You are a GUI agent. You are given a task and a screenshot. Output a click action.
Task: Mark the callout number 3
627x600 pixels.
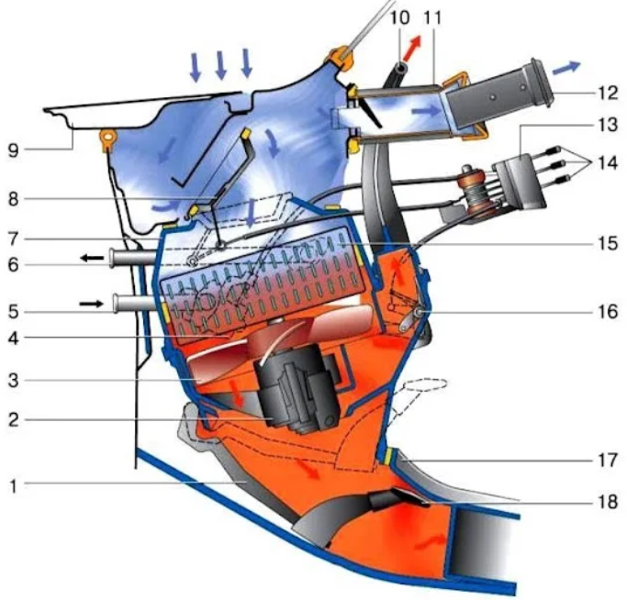(14, 378)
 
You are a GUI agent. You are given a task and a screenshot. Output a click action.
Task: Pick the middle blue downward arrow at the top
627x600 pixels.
(220, 65)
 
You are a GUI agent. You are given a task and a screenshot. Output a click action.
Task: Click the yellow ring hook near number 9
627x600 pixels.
(107, 139)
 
